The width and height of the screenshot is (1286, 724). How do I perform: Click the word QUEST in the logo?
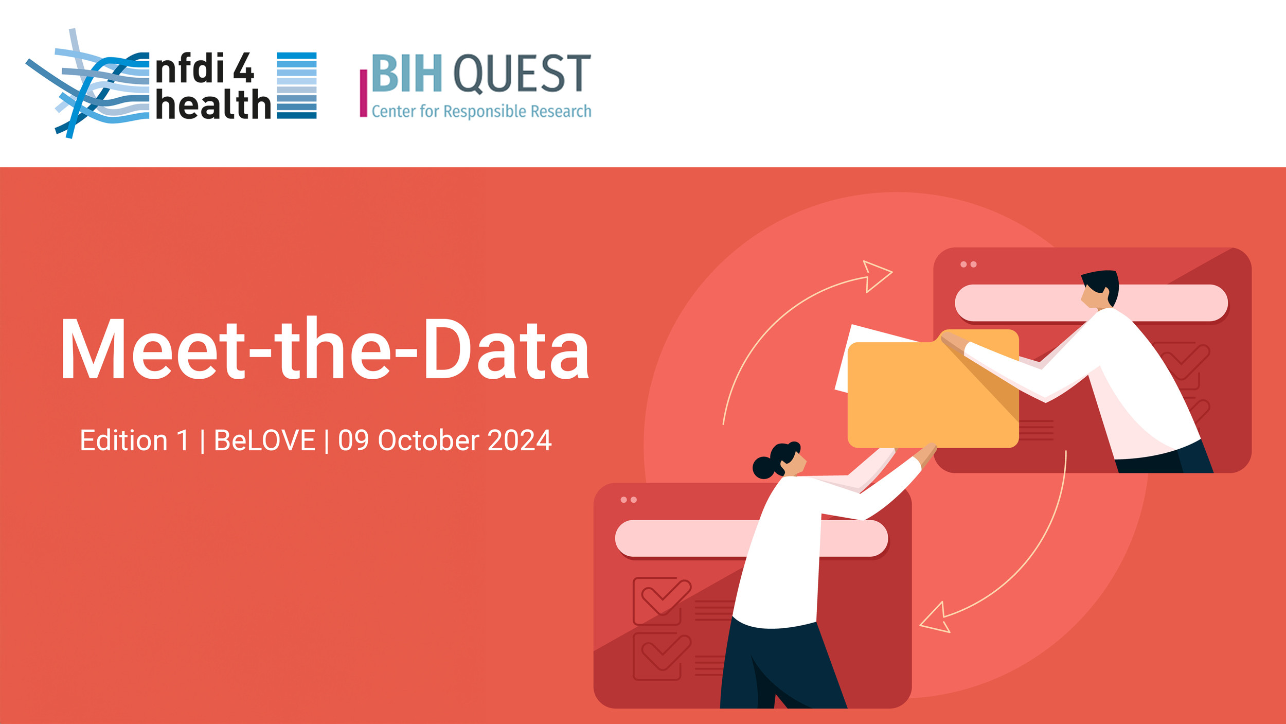(x=522, y=74)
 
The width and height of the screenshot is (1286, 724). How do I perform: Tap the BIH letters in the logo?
(x=406, y=73)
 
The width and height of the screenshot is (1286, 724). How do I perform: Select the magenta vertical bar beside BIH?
(x=363, y=93)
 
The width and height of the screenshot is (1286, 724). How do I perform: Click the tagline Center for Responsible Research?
(x=481, y=111)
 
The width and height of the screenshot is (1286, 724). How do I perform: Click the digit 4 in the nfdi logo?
(x=244, y=67)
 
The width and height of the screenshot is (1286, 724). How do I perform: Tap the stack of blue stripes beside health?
(x=297, y=85)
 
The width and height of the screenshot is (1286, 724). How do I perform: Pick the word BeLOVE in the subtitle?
(x=264, y=440)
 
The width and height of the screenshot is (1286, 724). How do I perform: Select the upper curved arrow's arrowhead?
(x=877, y=276)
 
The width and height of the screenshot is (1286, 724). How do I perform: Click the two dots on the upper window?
(x=968, y=264)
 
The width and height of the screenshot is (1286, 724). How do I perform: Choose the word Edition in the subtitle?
(x=124, y=440)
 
